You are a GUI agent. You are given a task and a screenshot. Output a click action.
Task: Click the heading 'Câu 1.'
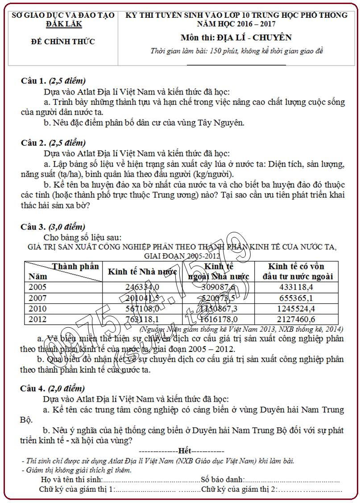[x=33, y=81]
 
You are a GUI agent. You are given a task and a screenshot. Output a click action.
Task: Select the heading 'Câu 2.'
[x=33, y=143]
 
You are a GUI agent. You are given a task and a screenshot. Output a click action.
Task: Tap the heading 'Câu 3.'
[x=33, y=227]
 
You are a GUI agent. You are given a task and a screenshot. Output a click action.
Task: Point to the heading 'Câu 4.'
[x=33, y=388]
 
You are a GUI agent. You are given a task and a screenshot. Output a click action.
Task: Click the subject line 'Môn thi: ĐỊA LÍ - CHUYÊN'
[x=236, y=37]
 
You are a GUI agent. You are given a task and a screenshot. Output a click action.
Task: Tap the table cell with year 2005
[x=37, y=287]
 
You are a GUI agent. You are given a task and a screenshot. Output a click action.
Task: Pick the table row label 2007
[x=37, y=298]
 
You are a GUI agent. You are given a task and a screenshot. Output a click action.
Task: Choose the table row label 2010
[x=37, y=309]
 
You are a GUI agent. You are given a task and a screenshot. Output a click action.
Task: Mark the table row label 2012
[x=37, y=319]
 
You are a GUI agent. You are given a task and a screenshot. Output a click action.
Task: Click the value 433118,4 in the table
[x=297, y=287]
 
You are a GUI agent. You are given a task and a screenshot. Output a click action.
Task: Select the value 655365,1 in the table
[x=297, y=298]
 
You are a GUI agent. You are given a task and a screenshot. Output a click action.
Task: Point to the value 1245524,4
[x=297, y=309]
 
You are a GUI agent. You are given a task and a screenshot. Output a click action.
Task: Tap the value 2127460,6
[x=297, y=319]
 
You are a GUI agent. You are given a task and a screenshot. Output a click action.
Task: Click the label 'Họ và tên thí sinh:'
[x=71, y=480]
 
